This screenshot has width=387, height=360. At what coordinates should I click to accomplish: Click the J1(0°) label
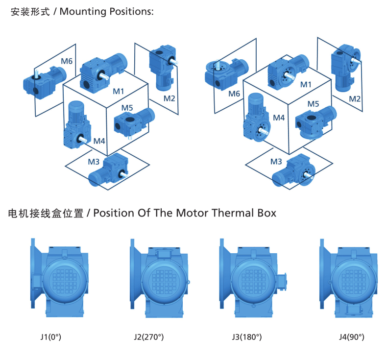click(x=50, y=337)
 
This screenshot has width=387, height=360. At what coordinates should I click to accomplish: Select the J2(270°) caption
click(x=148, y=337)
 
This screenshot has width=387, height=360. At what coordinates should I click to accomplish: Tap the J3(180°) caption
click(x=247, y=337)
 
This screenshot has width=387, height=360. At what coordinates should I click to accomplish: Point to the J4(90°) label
click(x=352, y=337)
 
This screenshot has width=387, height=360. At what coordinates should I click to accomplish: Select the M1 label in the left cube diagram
click(x=119, y=91)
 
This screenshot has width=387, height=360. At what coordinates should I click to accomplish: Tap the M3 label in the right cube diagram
click(x=276, y=161)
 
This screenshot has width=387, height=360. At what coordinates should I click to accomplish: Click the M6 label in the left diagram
click(x=67, y=61)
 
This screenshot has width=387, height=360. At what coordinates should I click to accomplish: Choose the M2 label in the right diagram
click(x=355, y=98)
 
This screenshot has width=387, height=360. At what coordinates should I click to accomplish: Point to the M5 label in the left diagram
click(x=127, y=107)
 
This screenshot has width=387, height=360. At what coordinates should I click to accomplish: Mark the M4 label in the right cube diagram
click(x=279, y=118)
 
